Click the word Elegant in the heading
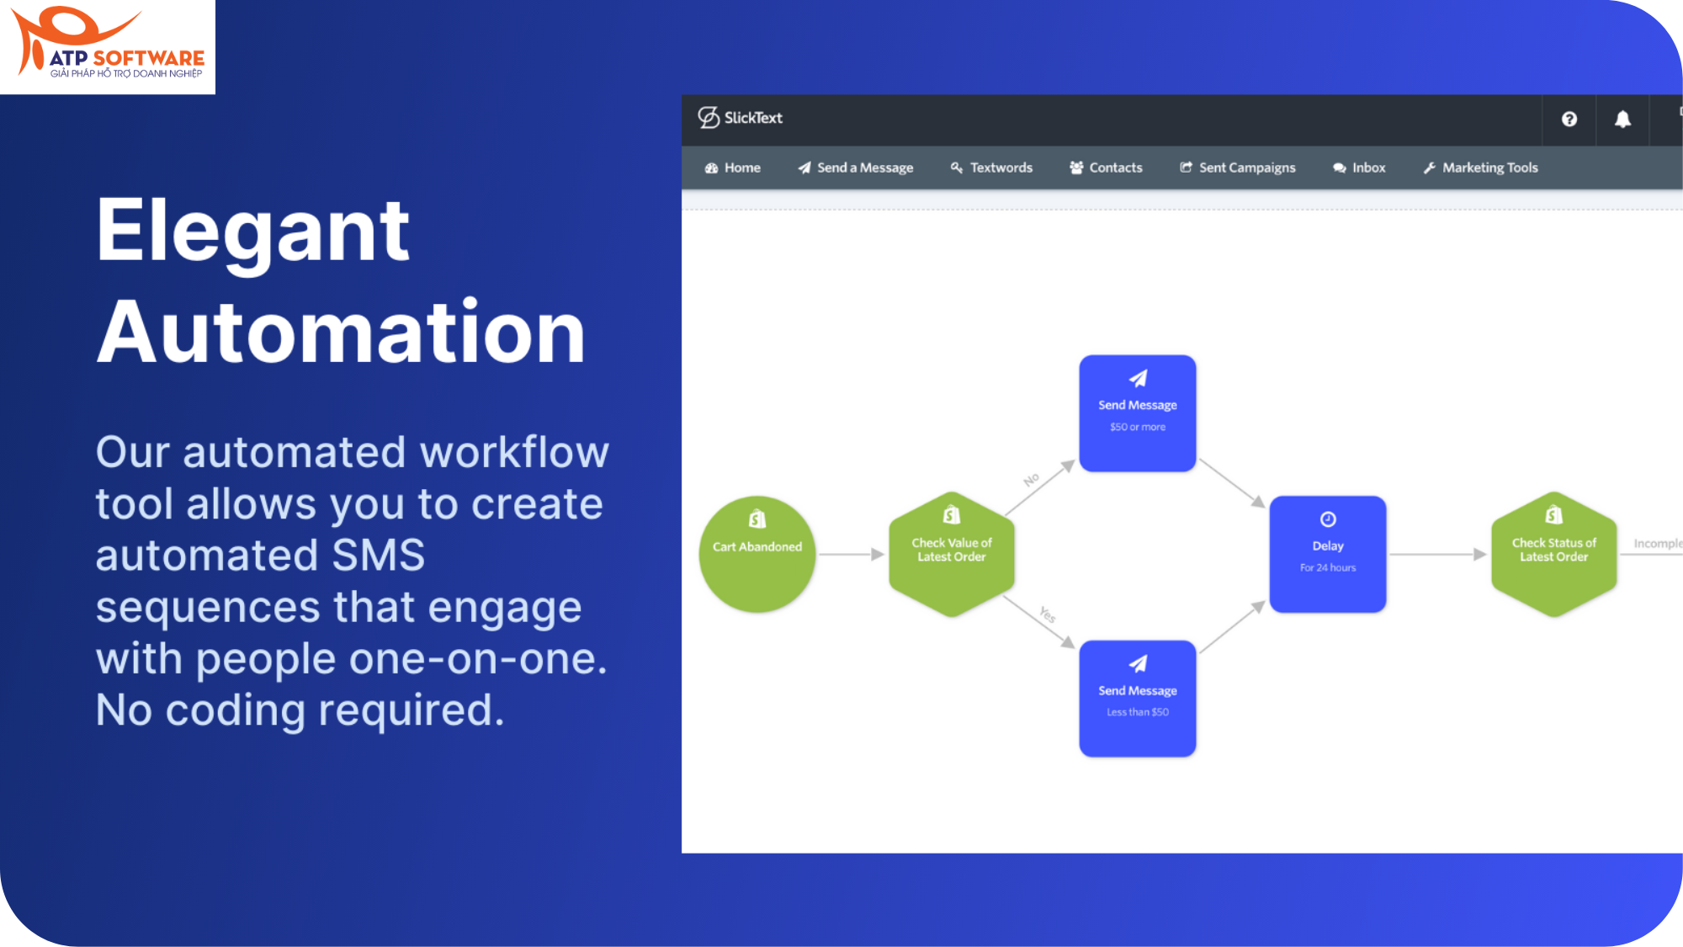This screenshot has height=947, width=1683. (x=252, y=231)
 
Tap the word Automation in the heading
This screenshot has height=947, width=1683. (x=341, y=333)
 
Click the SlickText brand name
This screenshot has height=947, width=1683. (x=752, y=118)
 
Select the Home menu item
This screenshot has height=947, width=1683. (x=733, y=168)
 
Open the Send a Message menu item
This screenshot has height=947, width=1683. (x=856, y=168)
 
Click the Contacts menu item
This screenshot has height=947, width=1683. (x=1106, y=168)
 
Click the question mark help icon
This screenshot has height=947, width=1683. (x=1569, y=120)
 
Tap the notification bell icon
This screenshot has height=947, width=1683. (x=1622, y=120)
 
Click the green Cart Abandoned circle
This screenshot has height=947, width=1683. (x=757, y=554)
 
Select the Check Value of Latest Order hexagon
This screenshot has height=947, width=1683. (x=951, y=554)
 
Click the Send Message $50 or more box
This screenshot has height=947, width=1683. (x=1137, y=413)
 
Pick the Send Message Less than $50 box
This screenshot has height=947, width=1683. (x=1137, y=699)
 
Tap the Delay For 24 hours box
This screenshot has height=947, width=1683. (x=1327, y=554)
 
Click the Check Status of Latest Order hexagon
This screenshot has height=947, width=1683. (x=1553, y=554)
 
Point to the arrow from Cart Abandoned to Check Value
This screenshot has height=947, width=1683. (x=851, y=554)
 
